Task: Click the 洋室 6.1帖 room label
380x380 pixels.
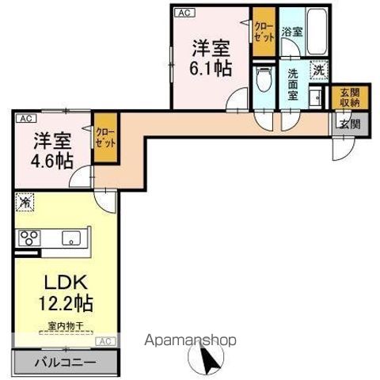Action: coord(210,57)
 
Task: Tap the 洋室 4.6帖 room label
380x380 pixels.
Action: coord(53,150)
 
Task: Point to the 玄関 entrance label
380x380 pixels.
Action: coord(349,123)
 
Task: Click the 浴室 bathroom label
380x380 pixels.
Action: coord(291,32)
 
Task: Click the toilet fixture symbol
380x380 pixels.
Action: coord(262,80)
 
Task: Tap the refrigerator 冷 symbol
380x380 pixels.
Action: coord(26,203)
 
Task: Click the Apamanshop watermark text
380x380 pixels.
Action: coord(190,341)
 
